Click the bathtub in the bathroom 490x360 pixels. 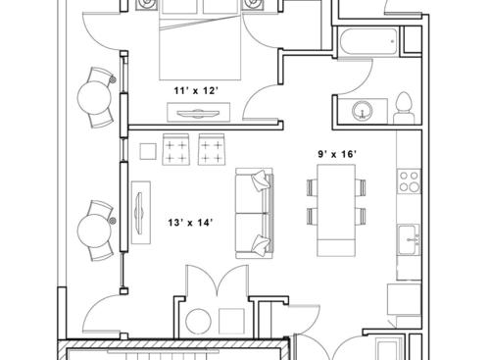(367, 42)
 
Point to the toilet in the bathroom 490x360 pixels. (403, 107)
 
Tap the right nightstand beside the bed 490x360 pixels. (254, 6)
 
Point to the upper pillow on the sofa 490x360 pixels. (260, 180)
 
